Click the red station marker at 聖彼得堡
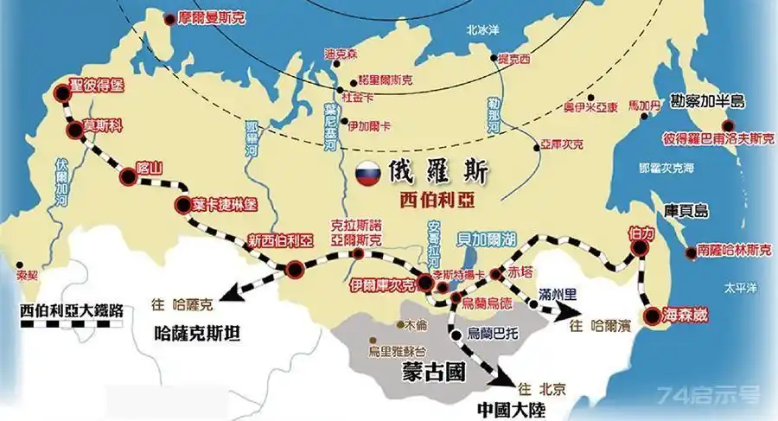(61, 92)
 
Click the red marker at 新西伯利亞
(295, 268)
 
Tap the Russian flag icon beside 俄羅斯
(370, 173)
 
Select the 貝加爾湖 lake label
(475, 233)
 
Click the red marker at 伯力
(640, 249)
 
